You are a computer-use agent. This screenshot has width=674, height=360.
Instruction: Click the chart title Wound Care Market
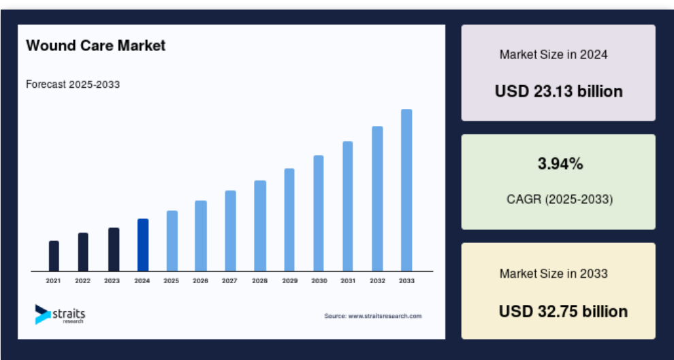click(x=95, y=45)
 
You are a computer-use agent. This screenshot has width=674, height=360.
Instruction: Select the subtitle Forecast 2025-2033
click(x=73, y=84)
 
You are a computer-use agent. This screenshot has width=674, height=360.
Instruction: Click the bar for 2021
click(x=54, y=256)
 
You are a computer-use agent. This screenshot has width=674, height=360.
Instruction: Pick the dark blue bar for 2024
click(x=143, y=245)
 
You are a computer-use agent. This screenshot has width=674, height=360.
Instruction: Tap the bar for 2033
click(x=406, y=191)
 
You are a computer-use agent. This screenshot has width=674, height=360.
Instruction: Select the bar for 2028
click(x=260, y=226)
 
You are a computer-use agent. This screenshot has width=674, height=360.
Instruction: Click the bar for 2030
click(x=319, y=214)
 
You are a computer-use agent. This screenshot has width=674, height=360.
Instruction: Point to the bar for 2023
click(x=114, y=250)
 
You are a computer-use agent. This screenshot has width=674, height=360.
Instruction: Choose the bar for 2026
click(x=201, y=236)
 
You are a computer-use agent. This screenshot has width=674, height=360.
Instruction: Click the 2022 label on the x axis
click(x=82, y=281)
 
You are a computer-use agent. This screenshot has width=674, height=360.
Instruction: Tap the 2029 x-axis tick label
click(x=290, y=281)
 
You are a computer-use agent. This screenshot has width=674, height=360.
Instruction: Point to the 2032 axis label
click(x=377, y=281)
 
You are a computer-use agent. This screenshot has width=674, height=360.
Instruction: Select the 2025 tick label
click(x=171, y=281)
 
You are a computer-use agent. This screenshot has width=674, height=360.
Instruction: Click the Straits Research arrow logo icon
click(x=42, y=314)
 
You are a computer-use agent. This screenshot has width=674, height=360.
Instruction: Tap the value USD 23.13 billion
click(x=558, y=91)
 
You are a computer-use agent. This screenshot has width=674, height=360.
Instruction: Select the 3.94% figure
click(x=560, y=164)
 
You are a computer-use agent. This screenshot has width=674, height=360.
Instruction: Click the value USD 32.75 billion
click(x=563, y=311)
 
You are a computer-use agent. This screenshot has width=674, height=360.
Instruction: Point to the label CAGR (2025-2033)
click(x=560, y=199)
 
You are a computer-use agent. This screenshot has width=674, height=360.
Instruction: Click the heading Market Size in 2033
click(x=553, y=274)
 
